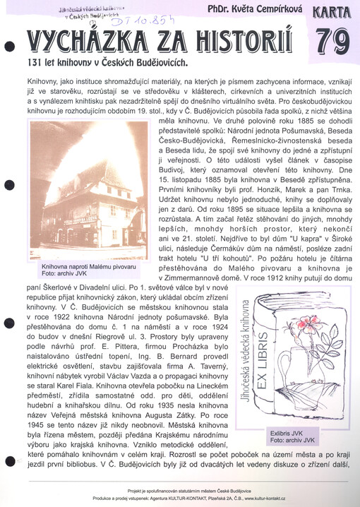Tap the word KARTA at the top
[332, 13]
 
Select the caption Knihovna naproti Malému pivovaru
[80, 268]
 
